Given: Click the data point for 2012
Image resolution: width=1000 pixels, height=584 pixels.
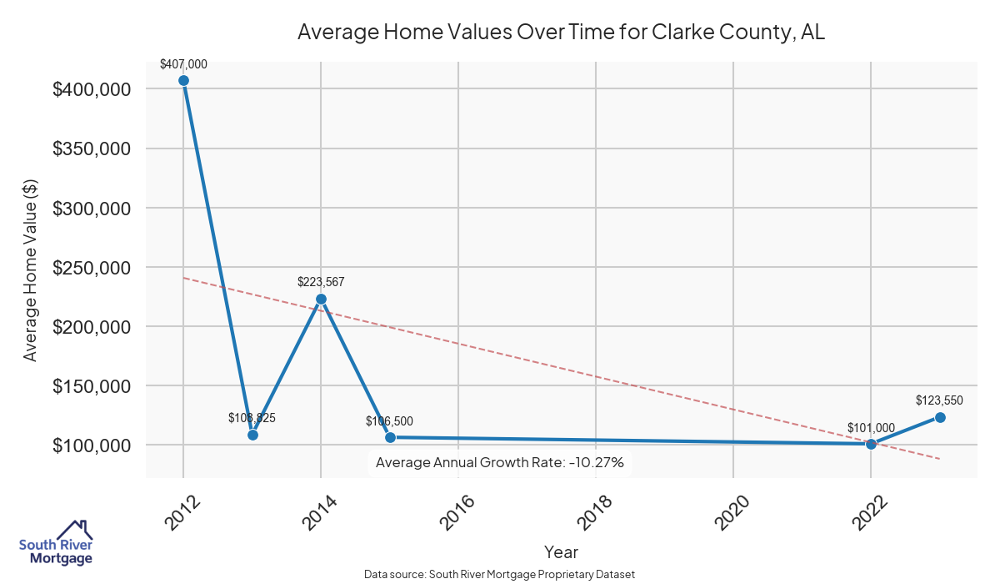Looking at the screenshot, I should tap(183, 81).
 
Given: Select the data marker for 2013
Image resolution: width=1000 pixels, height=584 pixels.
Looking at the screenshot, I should tap(252, 435).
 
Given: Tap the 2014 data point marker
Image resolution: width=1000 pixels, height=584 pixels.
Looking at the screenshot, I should tap(321, 299).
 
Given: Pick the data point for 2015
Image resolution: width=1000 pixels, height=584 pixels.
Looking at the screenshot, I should tap(390, 437).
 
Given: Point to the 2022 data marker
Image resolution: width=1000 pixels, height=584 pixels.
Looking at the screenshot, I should tap(871, 444).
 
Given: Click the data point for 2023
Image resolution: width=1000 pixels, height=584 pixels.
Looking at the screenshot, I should tap(940, 417).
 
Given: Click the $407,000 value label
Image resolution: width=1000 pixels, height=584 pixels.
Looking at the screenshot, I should tap(183, 63).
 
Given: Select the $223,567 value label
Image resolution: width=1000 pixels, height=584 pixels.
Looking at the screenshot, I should tap(321, 282).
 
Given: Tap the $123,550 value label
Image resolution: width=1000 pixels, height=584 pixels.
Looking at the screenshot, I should tap(939, 400).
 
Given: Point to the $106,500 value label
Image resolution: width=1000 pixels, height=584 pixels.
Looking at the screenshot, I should tap(389, 421).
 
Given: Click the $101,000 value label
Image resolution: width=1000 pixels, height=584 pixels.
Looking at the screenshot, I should tap(871, 428).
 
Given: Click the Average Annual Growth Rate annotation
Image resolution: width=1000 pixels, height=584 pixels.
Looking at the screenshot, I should tap(500, 462).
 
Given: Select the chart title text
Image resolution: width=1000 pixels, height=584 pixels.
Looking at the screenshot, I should tap(561, 33).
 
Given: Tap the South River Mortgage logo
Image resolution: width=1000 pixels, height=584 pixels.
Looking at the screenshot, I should tap(56, 542).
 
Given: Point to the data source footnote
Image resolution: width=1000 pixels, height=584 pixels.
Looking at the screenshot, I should tap(500, 574).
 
